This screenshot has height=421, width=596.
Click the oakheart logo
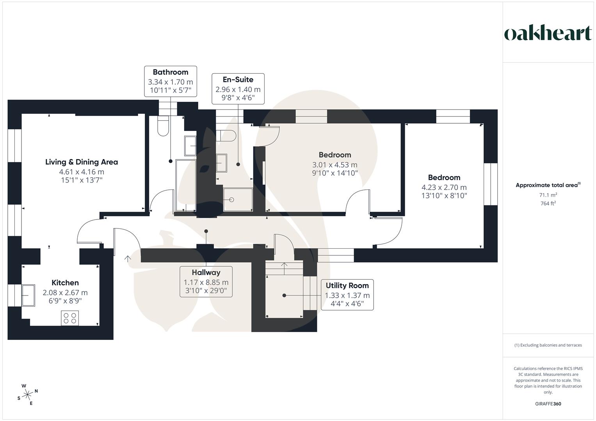(548, 33)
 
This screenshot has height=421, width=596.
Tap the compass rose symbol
(27, 394)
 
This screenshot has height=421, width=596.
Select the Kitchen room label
(65, 283)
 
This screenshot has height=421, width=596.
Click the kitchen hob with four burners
(70, 318)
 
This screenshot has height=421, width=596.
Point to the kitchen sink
(28, 295)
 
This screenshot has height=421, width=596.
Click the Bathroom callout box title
(170, 72)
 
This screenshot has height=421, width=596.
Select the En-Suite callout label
(238, 80)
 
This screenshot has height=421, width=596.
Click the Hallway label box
(206, 281)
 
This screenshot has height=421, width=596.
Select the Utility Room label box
(347, 294)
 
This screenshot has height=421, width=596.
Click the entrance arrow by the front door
(127, 258)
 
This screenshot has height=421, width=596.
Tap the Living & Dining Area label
(82, 162)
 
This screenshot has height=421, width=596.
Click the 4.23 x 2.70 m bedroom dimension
(444, 187)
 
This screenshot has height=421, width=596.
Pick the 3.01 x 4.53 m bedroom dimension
(334, 165)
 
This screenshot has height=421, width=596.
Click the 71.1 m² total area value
(548, 195)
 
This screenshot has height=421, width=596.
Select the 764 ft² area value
(548, 203)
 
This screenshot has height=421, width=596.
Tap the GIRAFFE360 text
(548, 404)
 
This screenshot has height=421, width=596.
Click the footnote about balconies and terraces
(548, 345)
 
